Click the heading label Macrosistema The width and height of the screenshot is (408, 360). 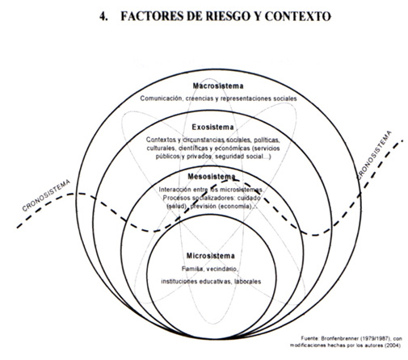click(x=218, y=86)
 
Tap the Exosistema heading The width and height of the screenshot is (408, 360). click(x=212, y=127)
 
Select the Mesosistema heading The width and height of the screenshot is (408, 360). click(x=212, y=177)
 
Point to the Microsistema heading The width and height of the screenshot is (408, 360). click(x=211, y=256)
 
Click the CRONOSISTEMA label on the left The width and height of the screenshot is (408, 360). click(x=46, y=195)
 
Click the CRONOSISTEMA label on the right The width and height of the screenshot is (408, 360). click(x=374, y=155)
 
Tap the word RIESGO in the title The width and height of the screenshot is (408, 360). click(x=229, y=16)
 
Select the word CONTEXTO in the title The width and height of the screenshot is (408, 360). click(x=298, y=16)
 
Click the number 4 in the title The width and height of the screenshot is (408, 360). click(x=103, y=16)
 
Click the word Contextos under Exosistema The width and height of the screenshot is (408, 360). click(x=161, y=140)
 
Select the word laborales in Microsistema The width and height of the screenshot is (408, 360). click(x=247, y=282)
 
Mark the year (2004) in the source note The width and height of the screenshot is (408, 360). click(x=393, y=345)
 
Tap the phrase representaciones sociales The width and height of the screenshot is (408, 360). click(x=259, y=98)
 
